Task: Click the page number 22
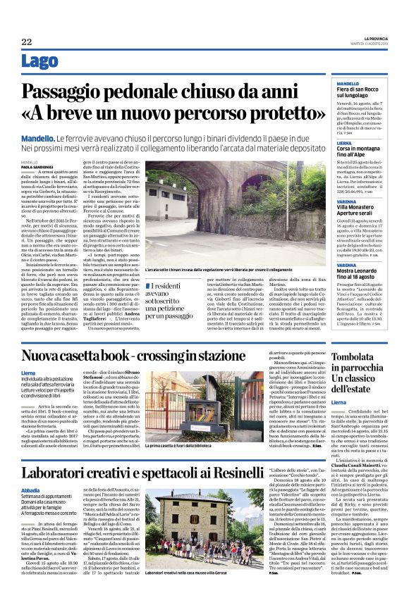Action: pyautogui.click(x=27, y=42)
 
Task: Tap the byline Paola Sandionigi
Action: pyautogui.click(x=36, y=166)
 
